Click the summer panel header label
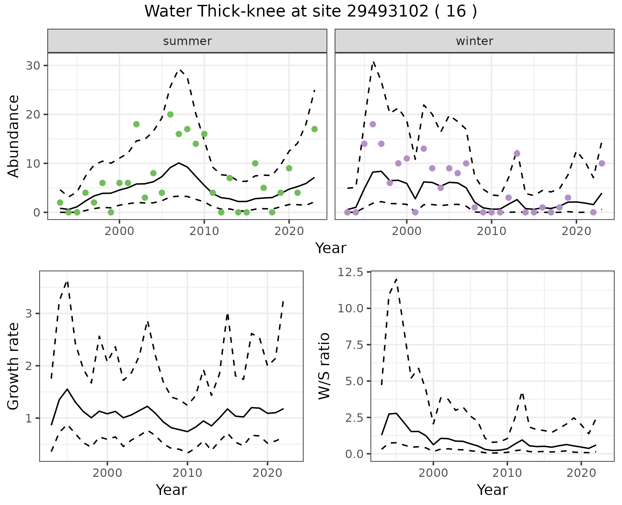point(187,41)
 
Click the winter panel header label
point(474,41)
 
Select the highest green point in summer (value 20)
point(170,114)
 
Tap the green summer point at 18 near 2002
point(136,124)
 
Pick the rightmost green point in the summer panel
point(315,129)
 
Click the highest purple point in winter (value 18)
point(373,124)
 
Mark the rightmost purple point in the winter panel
point(602,163)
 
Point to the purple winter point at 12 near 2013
point(517,153)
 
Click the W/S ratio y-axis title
point(324,366)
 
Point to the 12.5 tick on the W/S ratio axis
point(351,272)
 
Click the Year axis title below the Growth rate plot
point(171,490)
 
